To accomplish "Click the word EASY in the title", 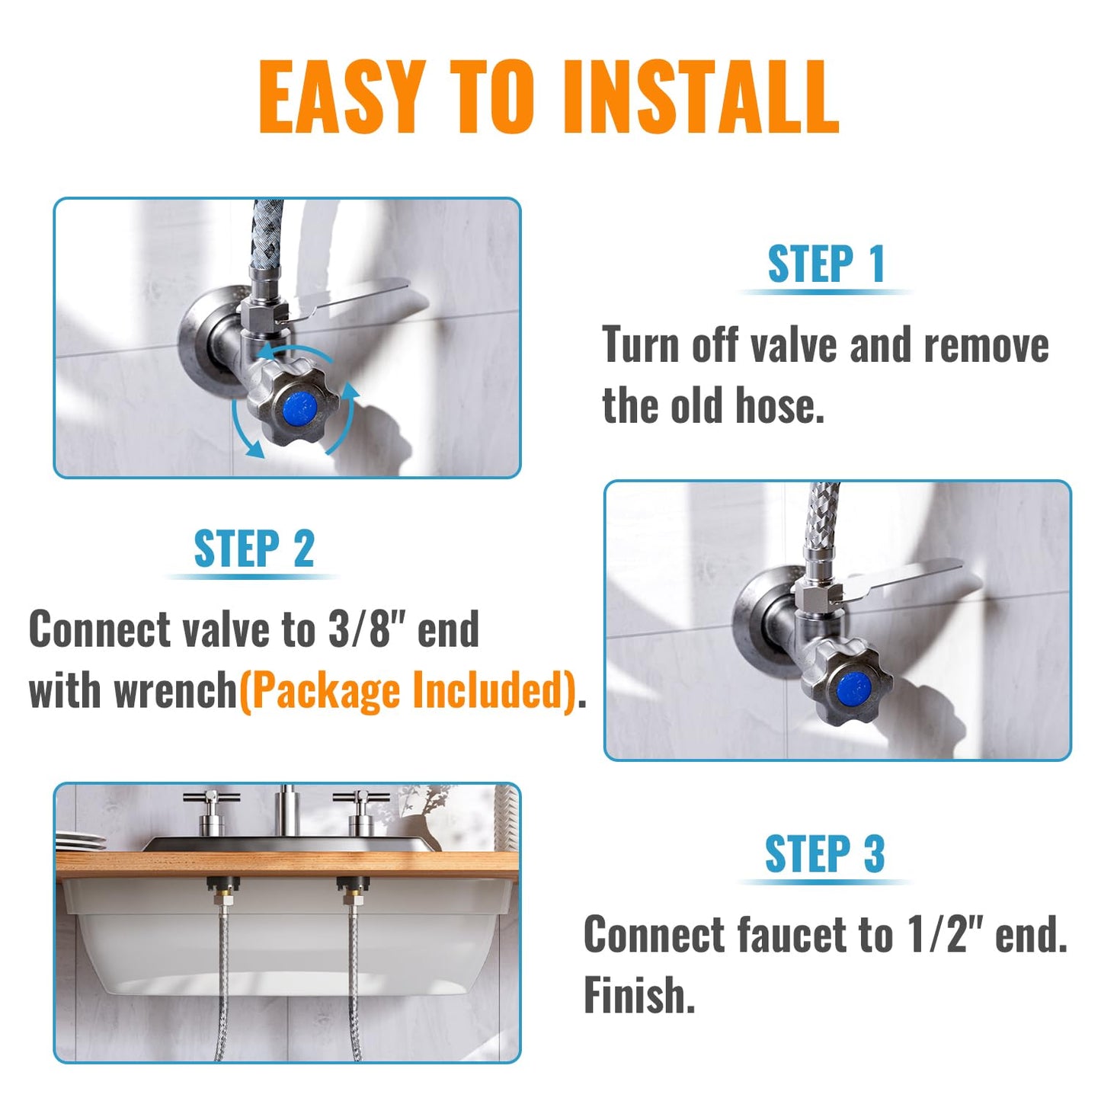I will [341, 98].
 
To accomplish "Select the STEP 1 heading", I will [826, 264].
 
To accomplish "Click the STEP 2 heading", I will [254, 549].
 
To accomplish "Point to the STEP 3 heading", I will [824, 853].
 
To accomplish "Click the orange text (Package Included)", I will [408, 690].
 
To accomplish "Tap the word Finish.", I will [639, 994].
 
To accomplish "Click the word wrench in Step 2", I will [175, 690].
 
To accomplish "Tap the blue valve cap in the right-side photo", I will [853, 689].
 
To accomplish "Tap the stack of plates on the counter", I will [81, 841].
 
